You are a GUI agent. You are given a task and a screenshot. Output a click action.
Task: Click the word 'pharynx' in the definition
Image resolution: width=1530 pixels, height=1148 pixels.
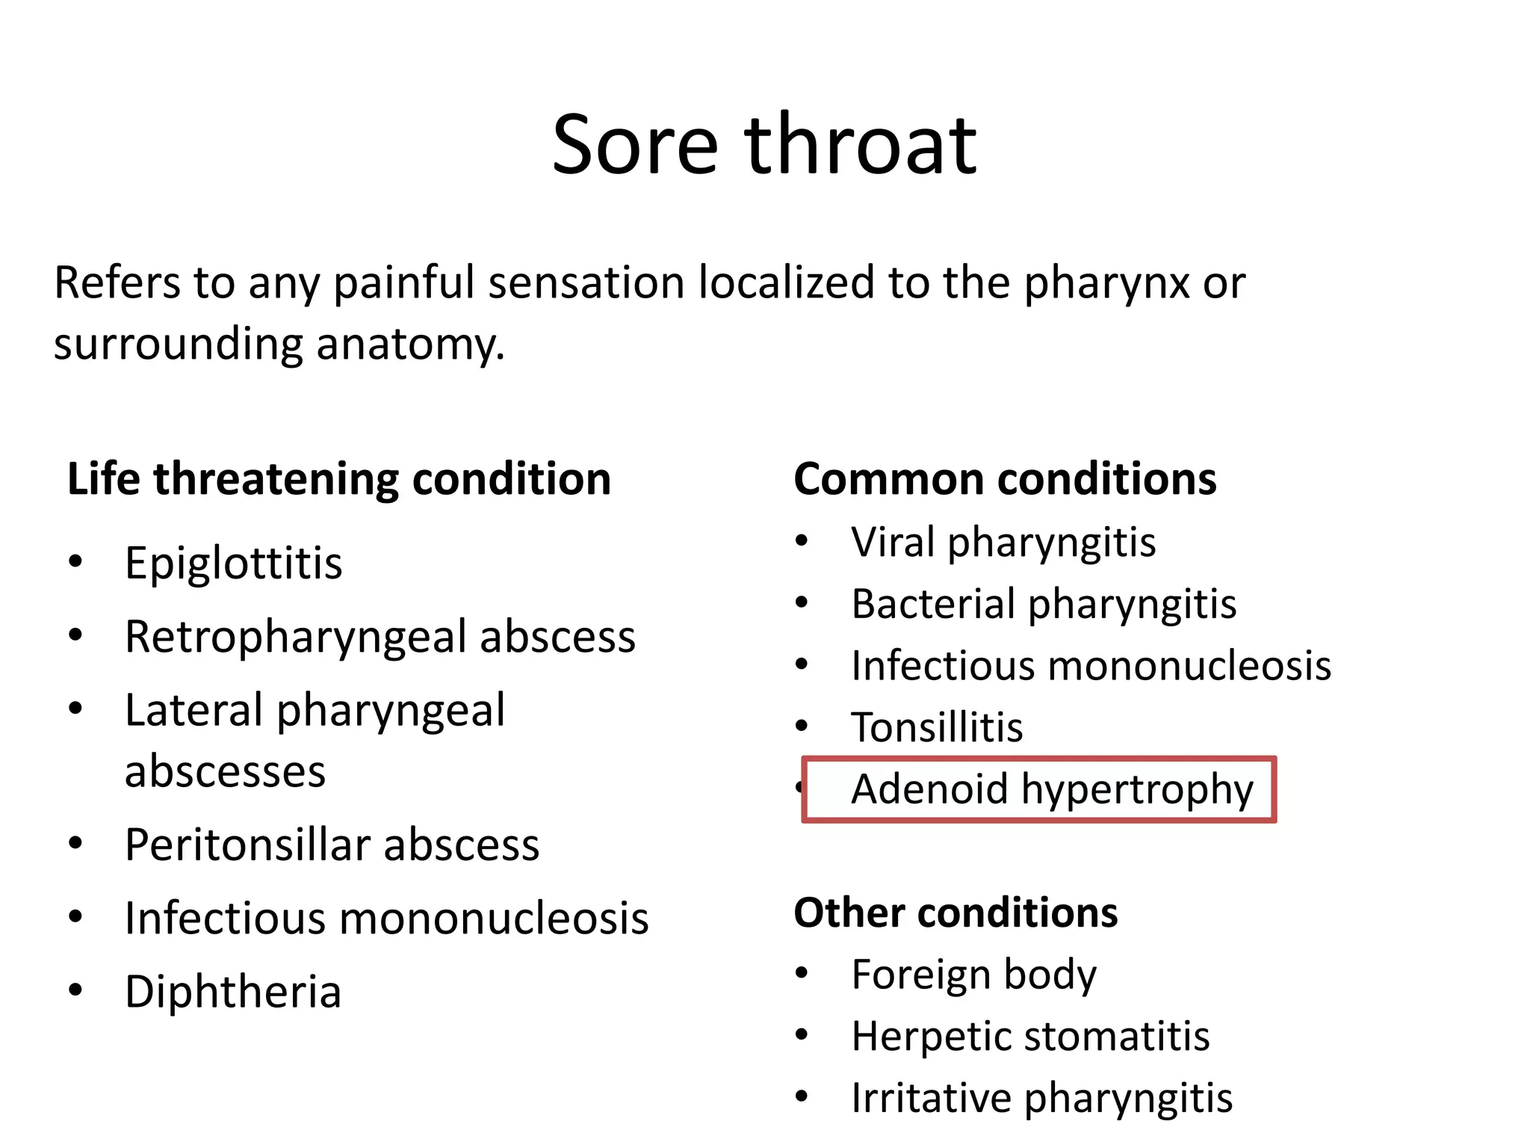pos(1106,284)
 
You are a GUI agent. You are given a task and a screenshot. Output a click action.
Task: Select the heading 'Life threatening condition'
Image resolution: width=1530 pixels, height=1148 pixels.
pos(339,479)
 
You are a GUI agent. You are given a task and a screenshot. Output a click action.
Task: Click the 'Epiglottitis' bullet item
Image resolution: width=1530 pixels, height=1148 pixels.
pos(233,563)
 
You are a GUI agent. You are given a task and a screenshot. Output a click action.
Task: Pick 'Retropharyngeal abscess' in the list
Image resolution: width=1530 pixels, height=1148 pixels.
pos(380,637)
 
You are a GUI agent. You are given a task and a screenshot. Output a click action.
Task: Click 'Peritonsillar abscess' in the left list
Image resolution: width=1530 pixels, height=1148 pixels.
pos(332,845)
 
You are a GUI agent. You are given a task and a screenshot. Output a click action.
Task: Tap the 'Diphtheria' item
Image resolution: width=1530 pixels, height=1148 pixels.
pos(233,992)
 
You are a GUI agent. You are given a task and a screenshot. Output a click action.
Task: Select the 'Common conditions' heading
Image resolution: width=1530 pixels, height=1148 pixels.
pos(1005,479)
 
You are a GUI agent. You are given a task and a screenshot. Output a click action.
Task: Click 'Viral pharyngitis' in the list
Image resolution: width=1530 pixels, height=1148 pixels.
pos(1003,543)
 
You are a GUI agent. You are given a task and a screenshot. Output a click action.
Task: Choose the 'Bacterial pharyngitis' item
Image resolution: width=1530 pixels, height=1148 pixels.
pos(1043,604)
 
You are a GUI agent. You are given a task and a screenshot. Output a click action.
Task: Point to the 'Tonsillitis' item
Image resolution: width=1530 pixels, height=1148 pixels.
pos(937,727)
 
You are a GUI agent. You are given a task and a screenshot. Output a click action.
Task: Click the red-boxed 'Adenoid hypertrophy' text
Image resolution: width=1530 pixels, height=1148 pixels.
pos(1052,789)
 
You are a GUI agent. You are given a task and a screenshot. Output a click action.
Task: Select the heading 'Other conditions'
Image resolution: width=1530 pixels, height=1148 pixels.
pos(956,913)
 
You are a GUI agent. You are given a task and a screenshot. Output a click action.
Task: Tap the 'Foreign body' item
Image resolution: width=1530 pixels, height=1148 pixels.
pos(973,975)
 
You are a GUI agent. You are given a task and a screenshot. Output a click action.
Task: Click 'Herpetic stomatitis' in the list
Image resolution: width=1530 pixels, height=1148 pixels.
pos(1030,1037)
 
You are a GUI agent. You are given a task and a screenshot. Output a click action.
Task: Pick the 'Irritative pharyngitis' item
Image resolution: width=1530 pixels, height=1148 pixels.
pos(1041,1098)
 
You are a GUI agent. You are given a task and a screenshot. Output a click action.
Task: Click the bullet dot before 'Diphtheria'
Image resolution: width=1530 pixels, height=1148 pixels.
pos(75,990)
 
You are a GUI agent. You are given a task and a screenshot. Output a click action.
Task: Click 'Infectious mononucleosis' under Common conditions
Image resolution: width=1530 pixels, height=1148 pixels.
pos(1091,666)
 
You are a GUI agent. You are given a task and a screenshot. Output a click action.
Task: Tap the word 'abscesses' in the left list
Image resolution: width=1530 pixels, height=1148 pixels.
pos(225,771)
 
